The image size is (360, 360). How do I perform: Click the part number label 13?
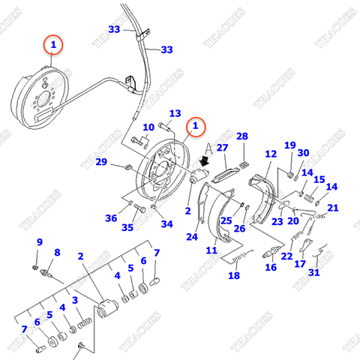click(174, 113)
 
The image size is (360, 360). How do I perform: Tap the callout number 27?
click(222, 148)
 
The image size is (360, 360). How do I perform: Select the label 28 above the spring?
click(242, 136)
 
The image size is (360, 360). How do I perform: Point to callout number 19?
click(290, 145)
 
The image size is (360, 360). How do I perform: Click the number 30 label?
click(303, 153)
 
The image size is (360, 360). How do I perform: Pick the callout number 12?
click(271, 154)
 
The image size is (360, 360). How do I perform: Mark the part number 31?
click(313, 272)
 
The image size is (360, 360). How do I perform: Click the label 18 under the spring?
click(234, 275)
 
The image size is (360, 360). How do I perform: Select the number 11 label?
click(212, 250)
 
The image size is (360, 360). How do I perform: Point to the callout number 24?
click(191, 237)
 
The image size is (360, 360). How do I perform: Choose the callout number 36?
click(111, 218)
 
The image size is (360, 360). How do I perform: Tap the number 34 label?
click(166, 223)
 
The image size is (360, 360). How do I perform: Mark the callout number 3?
click(74, 301)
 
